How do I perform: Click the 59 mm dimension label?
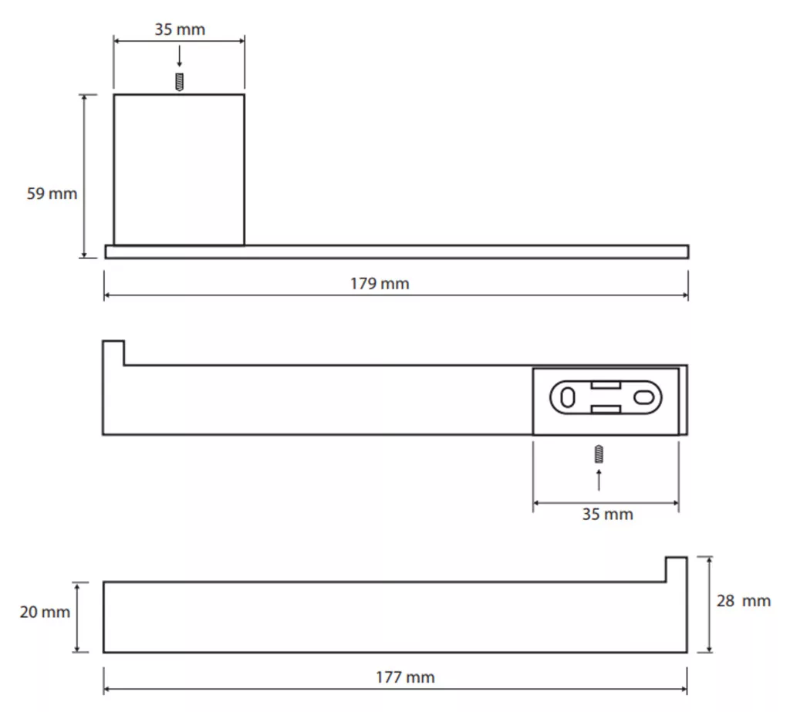click(52, 194)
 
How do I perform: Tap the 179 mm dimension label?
click(380, 284)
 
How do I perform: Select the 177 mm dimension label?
click(405, 677)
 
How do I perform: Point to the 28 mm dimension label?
click(744, 601)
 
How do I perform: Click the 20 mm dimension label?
click(45, 612)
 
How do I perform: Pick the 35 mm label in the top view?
click(180, 29)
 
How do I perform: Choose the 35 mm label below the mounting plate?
click(608, 514)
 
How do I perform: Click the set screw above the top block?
click(179, 82)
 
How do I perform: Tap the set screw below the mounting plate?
click(599, 454)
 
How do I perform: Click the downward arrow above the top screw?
click(179, 56)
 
